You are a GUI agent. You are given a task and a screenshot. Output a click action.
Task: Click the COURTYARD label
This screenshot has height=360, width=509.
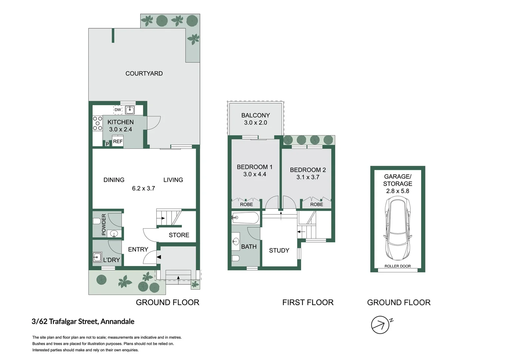[x=144, y=74]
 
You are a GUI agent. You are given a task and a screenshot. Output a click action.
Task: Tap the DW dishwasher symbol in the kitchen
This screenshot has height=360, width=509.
[x=118, y=110]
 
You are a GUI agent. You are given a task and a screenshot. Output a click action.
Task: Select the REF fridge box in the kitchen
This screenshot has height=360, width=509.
[x=118, y=142]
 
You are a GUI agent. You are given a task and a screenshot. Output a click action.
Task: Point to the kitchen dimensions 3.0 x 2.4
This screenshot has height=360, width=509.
[x=121, y=129]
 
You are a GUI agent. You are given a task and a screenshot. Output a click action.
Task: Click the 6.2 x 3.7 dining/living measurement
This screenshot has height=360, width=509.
[x=143, y=188]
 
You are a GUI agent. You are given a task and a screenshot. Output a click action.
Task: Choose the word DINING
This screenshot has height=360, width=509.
[x=114, y=180]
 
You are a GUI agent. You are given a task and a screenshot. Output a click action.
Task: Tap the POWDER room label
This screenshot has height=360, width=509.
[x=104, y=224]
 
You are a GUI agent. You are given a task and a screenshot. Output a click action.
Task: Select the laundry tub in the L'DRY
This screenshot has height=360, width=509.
[x=97, y=257]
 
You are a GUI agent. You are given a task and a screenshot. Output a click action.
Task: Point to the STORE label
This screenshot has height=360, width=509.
[x=179, y=235]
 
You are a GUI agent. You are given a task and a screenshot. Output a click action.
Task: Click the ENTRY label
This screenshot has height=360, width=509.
[x=138, y=249]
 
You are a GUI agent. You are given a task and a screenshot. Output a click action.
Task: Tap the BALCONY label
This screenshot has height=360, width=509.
[x=255, y=115]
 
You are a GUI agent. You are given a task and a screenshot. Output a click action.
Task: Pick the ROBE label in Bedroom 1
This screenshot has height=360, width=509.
[x=247, y=204]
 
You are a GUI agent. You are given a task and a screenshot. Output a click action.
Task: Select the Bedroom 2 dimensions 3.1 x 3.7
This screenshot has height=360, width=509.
[x=308, y=177]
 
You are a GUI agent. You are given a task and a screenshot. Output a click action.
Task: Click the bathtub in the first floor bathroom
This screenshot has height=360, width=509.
[x=246, y=218]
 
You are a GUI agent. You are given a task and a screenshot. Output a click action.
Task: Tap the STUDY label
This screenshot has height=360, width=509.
[x=279, y=250]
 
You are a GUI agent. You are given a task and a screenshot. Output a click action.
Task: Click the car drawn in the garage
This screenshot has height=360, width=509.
[x=397, y=228]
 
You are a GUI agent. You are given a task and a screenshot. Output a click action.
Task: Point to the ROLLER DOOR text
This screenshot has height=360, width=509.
[x=397, y=266]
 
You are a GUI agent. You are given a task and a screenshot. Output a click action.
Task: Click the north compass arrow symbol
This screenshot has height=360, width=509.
[x=380, y=325]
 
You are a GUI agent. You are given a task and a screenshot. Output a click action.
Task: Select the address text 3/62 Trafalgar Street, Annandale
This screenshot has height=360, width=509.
[x=83, y=322]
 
